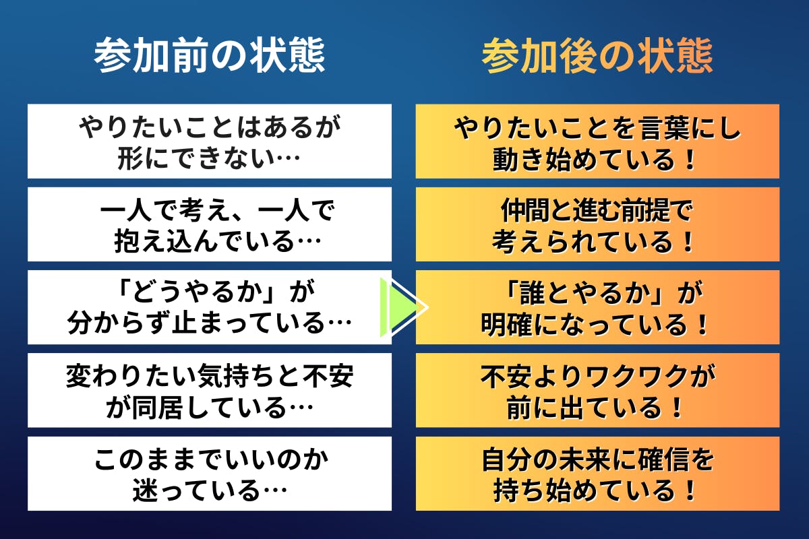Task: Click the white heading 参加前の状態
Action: click(210, 55)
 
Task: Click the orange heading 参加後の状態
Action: click(597, 56)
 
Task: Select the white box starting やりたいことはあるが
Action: click(210, 141)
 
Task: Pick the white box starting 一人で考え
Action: click(210, 224)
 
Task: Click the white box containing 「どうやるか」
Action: click(210, 307)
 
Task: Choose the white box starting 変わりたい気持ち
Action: click(210, 390)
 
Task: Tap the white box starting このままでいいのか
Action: click(210, 474)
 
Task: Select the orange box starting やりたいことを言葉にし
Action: click(597, 141)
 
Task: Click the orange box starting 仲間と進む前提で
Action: click(597, 224)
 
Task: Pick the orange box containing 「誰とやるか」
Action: click(597, 307)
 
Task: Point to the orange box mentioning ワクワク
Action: click(597, 390)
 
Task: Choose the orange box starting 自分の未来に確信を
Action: click(597, 474)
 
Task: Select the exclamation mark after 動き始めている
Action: click(690, 160)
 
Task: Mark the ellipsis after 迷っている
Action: click(275, 490)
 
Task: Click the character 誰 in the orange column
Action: click(533, 294)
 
